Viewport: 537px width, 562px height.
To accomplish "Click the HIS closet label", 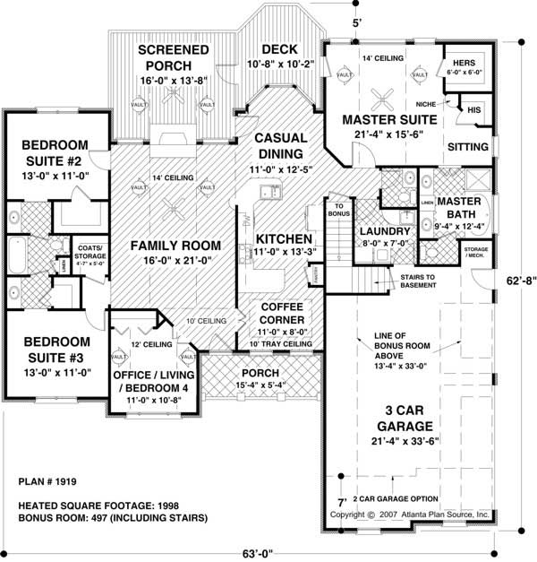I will click(x=474, y=109).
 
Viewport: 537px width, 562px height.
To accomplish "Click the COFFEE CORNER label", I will click(x=284, y=312).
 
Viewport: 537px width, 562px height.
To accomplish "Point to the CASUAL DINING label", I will click(x=280, y=145).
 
